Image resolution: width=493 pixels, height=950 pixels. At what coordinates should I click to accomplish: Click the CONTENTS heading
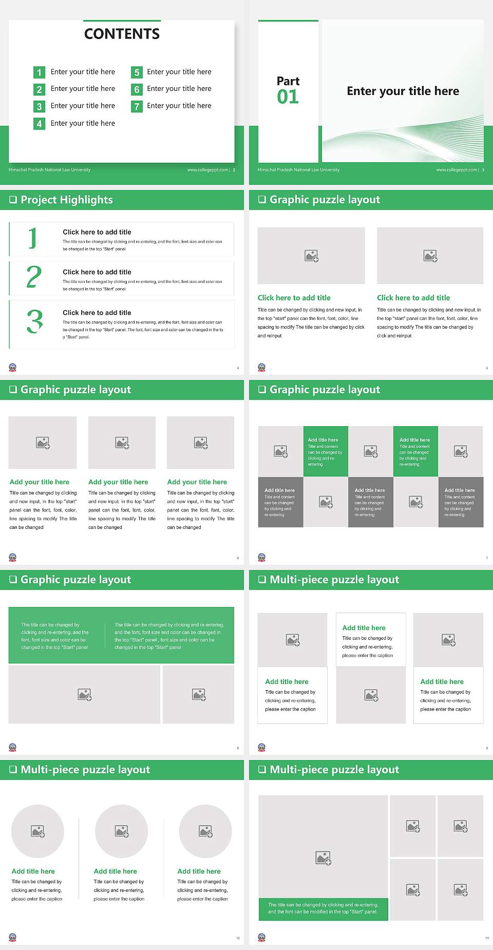tap(122, 34)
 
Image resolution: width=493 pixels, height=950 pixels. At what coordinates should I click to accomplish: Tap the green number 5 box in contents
tap(137, 72)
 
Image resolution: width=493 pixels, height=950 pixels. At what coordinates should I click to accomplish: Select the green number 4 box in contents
tap(39, 124)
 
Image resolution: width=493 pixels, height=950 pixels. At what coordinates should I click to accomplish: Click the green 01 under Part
tap(288, 97)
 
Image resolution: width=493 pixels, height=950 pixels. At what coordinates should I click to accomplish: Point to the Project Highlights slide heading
tap(66, 200)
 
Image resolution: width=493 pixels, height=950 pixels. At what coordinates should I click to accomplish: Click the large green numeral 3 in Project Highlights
tap(34, 322)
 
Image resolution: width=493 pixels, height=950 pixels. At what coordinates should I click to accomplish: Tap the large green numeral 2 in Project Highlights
tap(34, 277)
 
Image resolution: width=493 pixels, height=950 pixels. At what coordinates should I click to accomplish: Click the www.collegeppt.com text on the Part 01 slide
tap(456, 170)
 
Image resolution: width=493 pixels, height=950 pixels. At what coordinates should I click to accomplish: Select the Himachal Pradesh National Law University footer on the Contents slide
tap(49, 170)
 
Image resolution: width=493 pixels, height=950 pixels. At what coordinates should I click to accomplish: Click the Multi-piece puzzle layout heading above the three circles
tap(85, 770)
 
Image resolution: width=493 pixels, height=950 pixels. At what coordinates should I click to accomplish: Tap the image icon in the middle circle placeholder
tap(122, 831)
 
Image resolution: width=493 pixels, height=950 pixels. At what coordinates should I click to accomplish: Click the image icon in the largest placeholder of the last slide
tap(323, 858)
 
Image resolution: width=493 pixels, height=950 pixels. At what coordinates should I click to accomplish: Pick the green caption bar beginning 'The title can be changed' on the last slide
tap(323, 908)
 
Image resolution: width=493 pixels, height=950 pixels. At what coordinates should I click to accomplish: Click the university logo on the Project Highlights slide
tap(13, 367)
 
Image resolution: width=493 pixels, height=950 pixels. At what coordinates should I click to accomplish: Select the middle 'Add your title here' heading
tap(118, 482)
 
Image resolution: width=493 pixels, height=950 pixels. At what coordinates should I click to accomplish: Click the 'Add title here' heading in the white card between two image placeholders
tap(364, 628)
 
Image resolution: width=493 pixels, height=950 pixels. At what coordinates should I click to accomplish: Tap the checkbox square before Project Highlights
tap(13, 200)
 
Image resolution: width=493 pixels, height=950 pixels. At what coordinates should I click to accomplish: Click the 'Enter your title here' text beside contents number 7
tap(179, 106)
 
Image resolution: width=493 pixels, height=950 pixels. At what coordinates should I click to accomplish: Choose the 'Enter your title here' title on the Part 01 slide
tap(403, 91)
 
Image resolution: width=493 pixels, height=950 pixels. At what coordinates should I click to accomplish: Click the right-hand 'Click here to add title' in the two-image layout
tap(413, 298)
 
